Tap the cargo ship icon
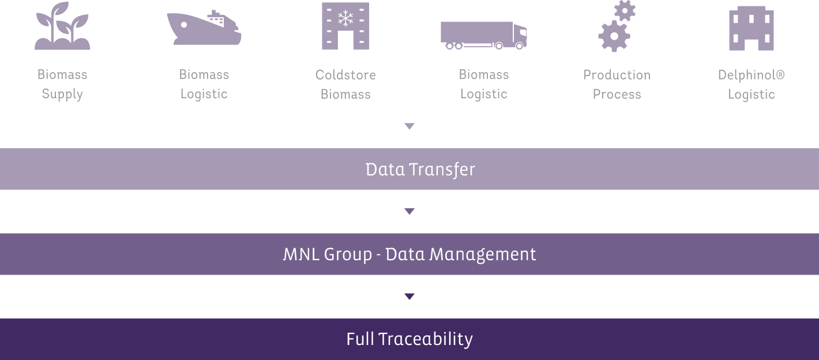(204, 28)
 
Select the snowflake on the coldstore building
(345, 18)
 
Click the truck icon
(484, 36)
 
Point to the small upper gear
(625, 10)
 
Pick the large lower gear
(614, 36)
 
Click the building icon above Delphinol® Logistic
(752, 28)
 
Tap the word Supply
(62, 95)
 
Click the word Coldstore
(345, 74)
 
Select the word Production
(617, 74)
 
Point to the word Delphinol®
(752, 76)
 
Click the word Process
(617, 95)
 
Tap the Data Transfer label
(420, 170)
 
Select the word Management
(482, 255)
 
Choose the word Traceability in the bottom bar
(426, 339)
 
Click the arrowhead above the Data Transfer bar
(409, 126)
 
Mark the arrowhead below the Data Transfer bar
(409, 212)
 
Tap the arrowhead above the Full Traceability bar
(409, 297)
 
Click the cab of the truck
(520, 36)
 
